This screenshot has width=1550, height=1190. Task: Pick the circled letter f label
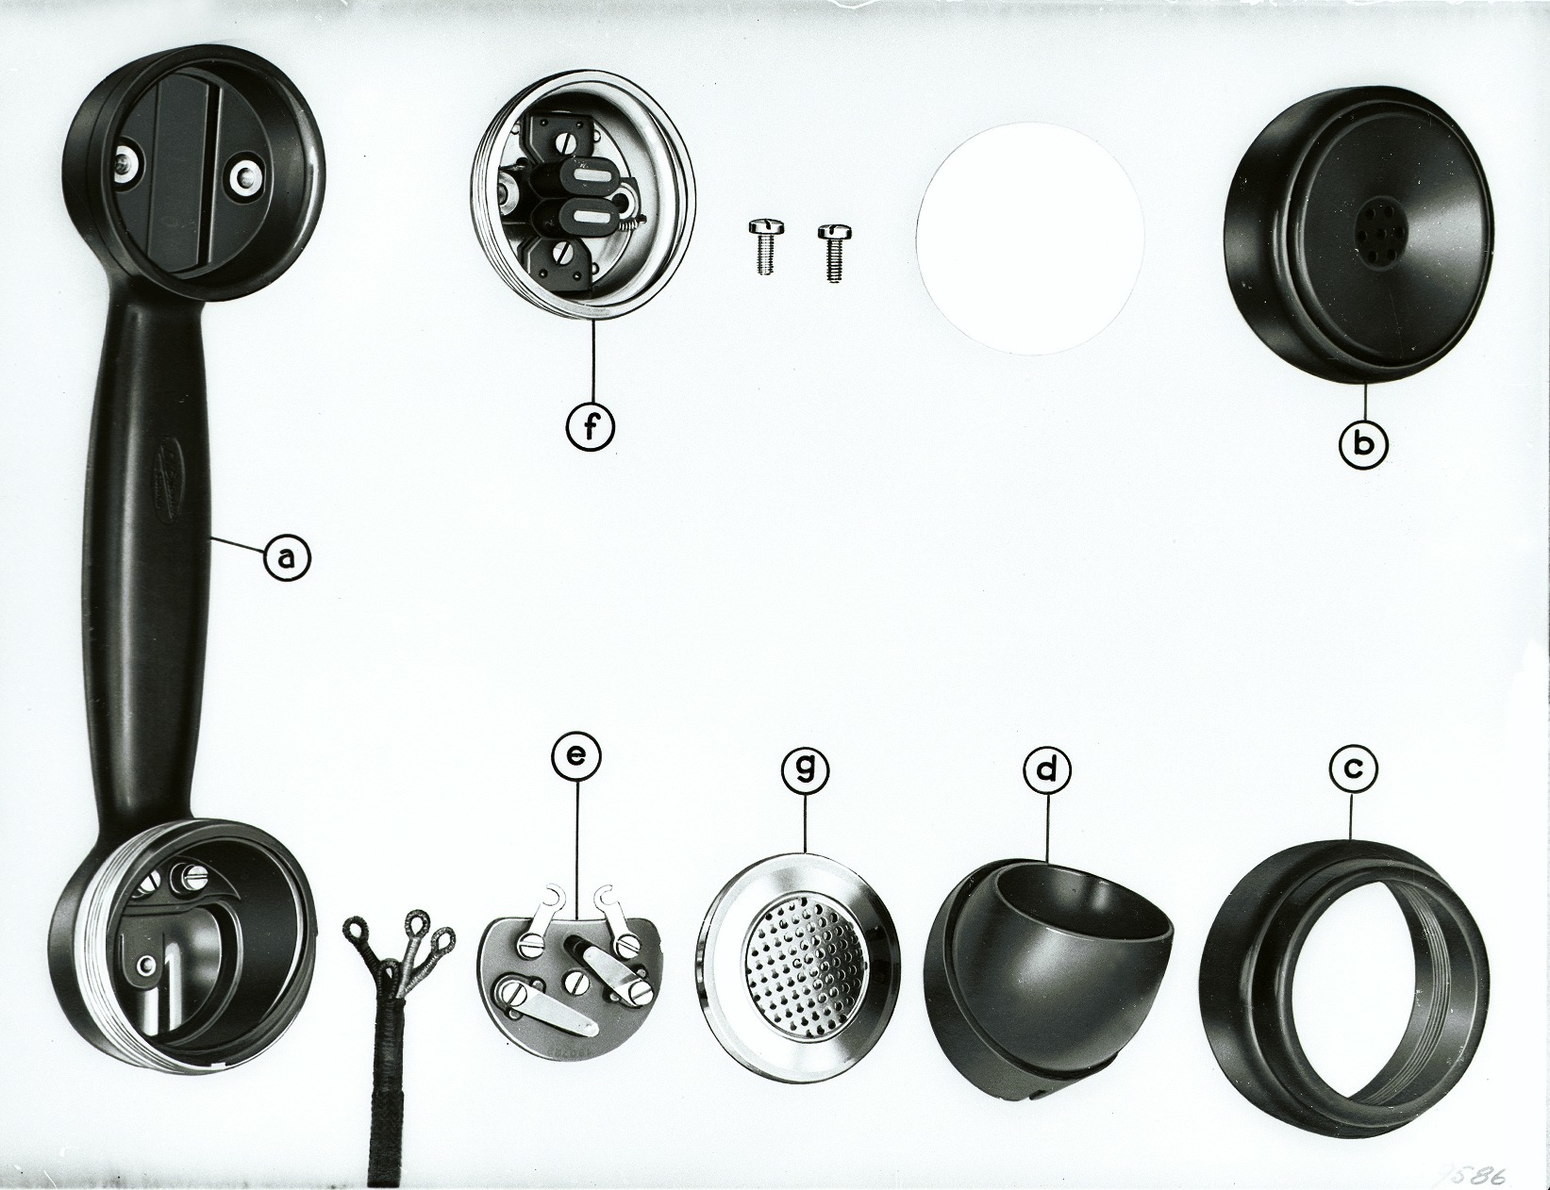pyautogui.click(x=591, y=427)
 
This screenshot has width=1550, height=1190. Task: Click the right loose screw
pyautogui.click(x=831, y=252)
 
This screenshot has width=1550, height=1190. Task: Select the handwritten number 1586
pyautogui.click(x=1475, y=1175)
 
